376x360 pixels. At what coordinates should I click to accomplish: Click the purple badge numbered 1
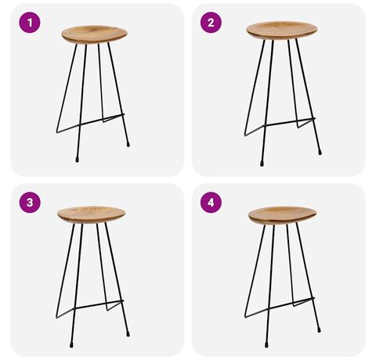click(30, 23)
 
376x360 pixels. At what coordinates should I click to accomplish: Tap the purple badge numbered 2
click(211, 23)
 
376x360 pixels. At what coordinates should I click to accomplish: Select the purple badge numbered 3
click(30, 203)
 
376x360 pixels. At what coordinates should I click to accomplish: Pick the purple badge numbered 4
click(211, 203)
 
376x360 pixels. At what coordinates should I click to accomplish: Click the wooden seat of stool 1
click(95, 34)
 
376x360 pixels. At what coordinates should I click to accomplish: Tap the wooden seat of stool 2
click(282, 31)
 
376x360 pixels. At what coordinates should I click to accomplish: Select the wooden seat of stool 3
click(91, 214)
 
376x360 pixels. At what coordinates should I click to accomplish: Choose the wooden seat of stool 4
click(282, 215)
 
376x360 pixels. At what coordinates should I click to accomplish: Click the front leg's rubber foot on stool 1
click(77, 160)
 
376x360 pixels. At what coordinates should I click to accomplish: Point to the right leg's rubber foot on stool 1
click(128, 144)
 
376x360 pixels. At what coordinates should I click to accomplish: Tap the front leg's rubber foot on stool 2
click(262, 164)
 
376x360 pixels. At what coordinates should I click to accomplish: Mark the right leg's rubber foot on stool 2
click(320, 152)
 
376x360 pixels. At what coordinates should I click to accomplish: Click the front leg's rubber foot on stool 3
click(71, 344)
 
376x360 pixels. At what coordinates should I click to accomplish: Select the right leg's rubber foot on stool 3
click(128, 333)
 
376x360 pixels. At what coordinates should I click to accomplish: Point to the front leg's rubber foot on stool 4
click(266, 344)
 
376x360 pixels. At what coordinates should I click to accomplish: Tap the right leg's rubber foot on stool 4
click(319, 329)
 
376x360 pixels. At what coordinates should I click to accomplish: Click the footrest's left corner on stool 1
click(57, 132)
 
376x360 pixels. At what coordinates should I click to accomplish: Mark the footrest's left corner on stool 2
click(245, 135)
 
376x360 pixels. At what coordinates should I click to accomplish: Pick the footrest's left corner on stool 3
click(57, 317)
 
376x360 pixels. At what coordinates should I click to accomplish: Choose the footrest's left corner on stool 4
click(245, 317)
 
